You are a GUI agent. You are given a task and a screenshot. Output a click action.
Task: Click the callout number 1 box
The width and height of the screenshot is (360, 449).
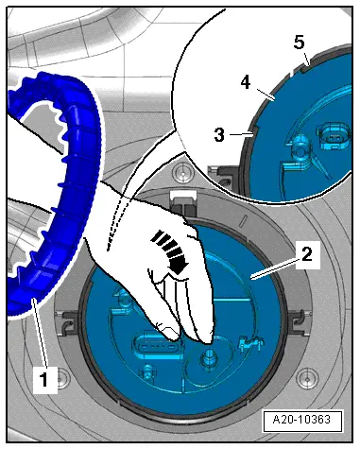click(x=45, y=380)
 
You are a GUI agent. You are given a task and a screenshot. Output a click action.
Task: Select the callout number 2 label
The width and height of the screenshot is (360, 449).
click(x=308, y=254)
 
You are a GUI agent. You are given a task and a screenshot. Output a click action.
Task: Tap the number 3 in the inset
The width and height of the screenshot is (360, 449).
click(x=219, y=135)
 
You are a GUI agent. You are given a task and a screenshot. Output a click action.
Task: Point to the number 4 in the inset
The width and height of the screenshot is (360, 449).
click(x=246, y=83)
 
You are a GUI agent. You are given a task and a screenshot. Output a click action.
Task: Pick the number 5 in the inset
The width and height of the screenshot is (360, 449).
click(x=300, y=42)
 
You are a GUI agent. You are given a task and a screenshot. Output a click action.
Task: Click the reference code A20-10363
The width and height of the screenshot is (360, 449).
click(x=302, y=420)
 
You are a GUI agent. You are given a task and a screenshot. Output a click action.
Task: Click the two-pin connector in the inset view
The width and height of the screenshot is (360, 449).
click(x=334, y=136)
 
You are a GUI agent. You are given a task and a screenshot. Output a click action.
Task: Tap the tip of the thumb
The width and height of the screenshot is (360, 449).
click(x=172, y=337)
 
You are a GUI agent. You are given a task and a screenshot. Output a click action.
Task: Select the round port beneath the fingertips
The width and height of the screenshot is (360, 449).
click(x=208, y=357)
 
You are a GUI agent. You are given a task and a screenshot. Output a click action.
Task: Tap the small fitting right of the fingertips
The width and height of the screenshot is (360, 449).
click(x=250, y=343)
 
